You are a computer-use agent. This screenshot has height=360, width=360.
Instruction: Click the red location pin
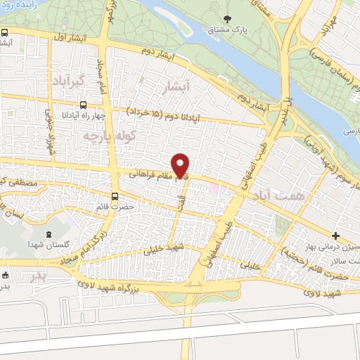click(181, 165)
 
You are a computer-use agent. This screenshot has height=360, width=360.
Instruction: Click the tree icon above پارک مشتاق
click(226, 18)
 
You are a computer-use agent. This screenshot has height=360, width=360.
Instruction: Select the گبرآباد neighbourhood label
click(67, 82)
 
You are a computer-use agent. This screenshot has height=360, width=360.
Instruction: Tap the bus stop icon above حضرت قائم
click(115, 198)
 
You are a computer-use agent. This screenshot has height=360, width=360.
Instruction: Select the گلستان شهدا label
click(48, 243)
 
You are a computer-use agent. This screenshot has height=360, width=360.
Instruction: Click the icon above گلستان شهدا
click(48, 233)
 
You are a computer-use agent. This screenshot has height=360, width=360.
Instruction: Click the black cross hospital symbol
click(336, 235)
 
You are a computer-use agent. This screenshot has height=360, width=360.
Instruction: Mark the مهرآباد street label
click(327, 28)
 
